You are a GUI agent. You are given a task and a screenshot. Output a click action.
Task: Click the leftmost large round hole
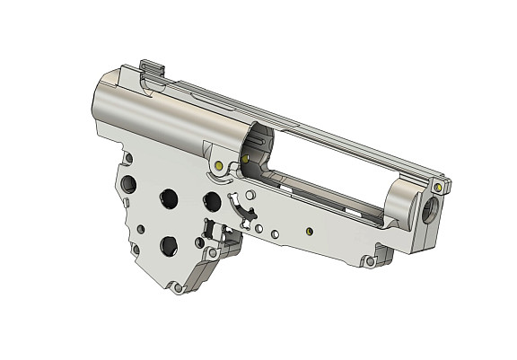point(127,183)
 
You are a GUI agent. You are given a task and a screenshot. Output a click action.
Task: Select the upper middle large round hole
point(168,198)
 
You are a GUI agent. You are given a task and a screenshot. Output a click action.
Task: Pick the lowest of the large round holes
point(168,242)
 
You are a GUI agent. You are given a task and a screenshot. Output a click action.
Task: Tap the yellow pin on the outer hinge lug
point(219,166)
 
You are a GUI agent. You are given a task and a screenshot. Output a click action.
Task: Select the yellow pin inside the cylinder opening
point(244,160)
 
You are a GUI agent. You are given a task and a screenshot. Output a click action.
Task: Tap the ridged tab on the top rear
point(153,68)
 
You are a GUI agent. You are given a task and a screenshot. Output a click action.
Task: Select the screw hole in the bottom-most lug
point(213,255)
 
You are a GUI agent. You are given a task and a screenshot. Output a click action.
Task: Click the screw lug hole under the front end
point(368,262)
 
